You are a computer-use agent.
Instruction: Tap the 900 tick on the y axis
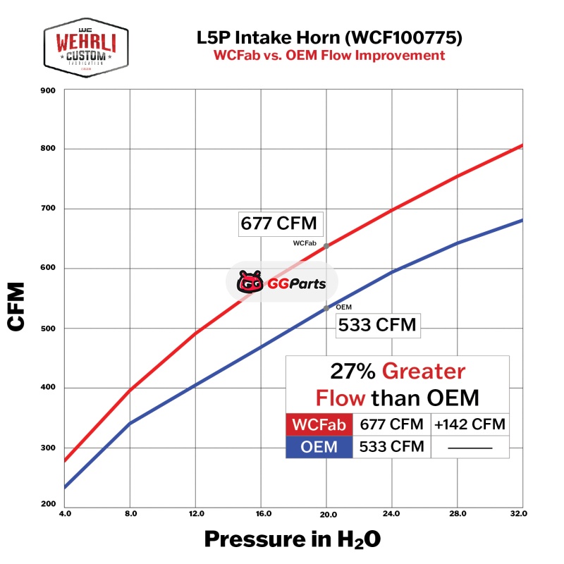point(48,90)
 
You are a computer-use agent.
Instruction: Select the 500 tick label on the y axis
point(48,328)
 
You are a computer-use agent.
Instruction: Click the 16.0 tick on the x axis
point(261,513)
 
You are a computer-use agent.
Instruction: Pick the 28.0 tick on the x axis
point(458,513)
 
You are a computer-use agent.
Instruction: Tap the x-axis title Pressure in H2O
point(293,539)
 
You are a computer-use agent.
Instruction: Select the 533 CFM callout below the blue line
point(377,326)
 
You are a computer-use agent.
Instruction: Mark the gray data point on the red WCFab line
point(326,246)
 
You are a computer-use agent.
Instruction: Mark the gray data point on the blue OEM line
point(326,308)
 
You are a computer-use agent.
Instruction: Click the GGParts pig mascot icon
point(250,283)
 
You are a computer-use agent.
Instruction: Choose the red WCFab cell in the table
point(319,424)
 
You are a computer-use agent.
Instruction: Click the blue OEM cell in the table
point(319,446)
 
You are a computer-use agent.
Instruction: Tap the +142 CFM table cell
point(469,424)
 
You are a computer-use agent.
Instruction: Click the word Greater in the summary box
point(424,372)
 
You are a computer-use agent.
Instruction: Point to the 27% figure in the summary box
point(352,372)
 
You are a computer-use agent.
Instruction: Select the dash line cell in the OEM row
point(469,447)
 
